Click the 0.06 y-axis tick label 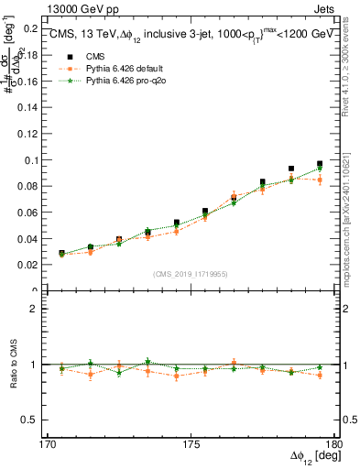point(30,212)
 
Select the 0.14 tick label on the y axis point(30,107)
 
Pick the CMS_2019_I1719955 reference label point(191,272)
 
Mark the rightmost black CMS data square point(320,164)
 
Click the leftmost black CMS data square point(61,254)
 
